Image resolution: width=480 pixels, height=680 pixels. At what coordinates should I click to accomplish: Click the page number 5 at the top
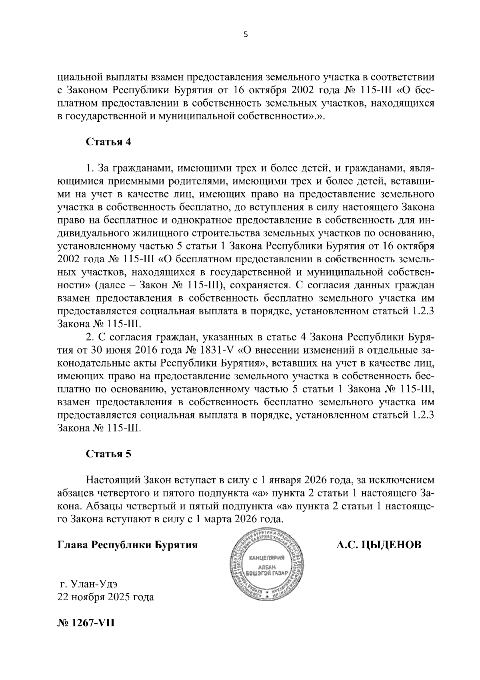pos(246,35)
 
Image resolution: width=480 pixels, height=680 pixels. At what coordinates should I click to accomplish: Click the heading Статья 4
pos(108,143)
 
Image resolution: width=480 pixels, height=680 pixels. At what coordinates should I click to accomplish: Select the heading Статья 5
pos(108,454)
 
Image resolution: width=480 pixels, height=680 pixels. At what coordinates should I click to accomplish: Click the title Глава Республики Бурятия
pos(128,545)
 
